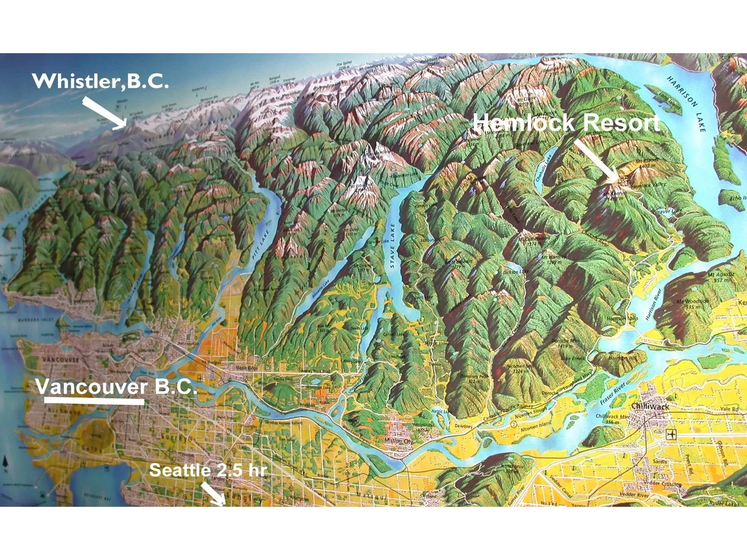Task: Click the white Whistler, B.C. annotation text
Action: [100, 81]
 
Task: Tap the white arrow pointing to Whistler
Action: [105, 112]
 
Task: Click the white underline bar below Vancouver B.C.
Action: [94, 400]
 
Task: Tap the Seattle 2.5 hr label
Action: [207, 470]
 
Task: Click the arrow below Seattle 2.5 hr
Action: [213, 494]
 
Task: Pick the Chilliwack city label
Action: [650, 406]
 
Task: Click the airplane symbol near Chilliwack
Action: [671, 434]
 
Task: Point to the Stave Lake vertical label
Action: [392, 245]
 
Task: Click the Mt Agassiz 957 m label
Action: [721, 277]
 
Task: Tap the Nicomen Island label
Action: [536, 426]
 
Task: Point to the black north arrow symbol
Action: [6, 462]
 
